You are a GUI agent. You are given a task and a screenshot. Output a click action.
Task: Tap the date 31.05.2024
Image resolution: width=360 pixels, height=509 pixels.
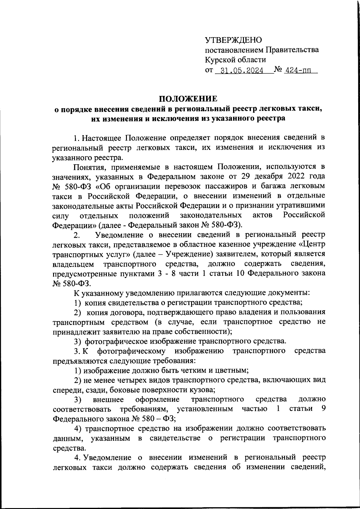(242, 71)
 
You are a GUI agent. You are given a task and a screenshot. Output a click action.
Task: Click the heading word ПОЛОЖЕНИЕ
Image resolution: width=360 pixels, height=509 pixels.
(188, 99)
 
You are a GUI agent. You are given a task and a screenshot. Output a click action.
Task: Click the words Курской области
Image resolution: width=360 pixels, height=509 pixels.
(235, 60)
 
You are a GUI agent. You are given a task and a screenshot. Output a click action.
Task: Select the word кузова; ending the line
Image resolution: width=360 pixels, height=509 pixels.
(201, 390)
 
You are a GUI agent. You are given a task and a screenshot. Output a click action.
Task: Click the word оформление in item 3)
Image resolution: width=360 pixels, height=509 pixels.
(157, 400)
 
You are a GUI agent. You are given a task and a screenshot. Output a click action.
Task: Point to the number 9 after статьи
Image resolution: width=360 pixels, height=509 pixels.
(323, 409)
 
